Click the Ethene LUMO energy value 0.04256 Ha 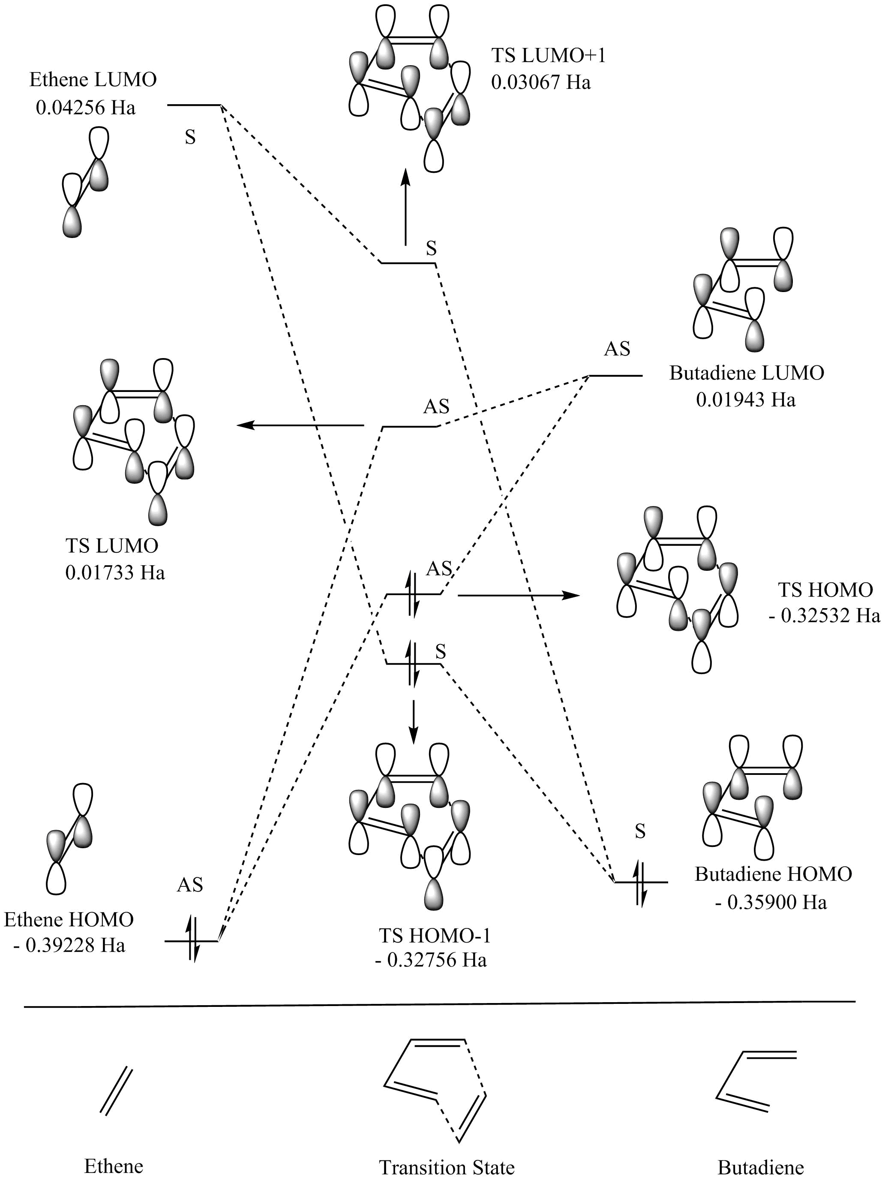click(x=86, y=108)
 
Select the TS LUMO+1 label click(x=549, y=55)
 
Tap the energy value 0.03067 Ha click(x=541, y=82)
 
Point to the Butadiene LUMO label click(x=747, y=373)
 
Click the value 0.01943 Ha click(x=745, y=400)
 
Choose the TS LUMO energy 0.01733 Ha click(x=115, y=573)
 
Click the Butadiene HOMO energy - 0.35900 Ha click(x=771, y=902)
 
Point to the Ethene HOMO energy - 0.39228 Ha click(x=69, y=945)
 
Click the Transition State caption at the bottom click(x=446, y=1167)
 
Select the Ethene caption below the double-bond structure click(x=114, y=1166)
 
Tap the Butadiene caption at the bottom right click(x=760, y=1167)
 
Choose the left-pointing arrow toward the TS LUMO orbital click(x=300, y=425)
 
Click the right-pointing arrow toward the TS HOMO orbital click(x=519, y=595)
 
